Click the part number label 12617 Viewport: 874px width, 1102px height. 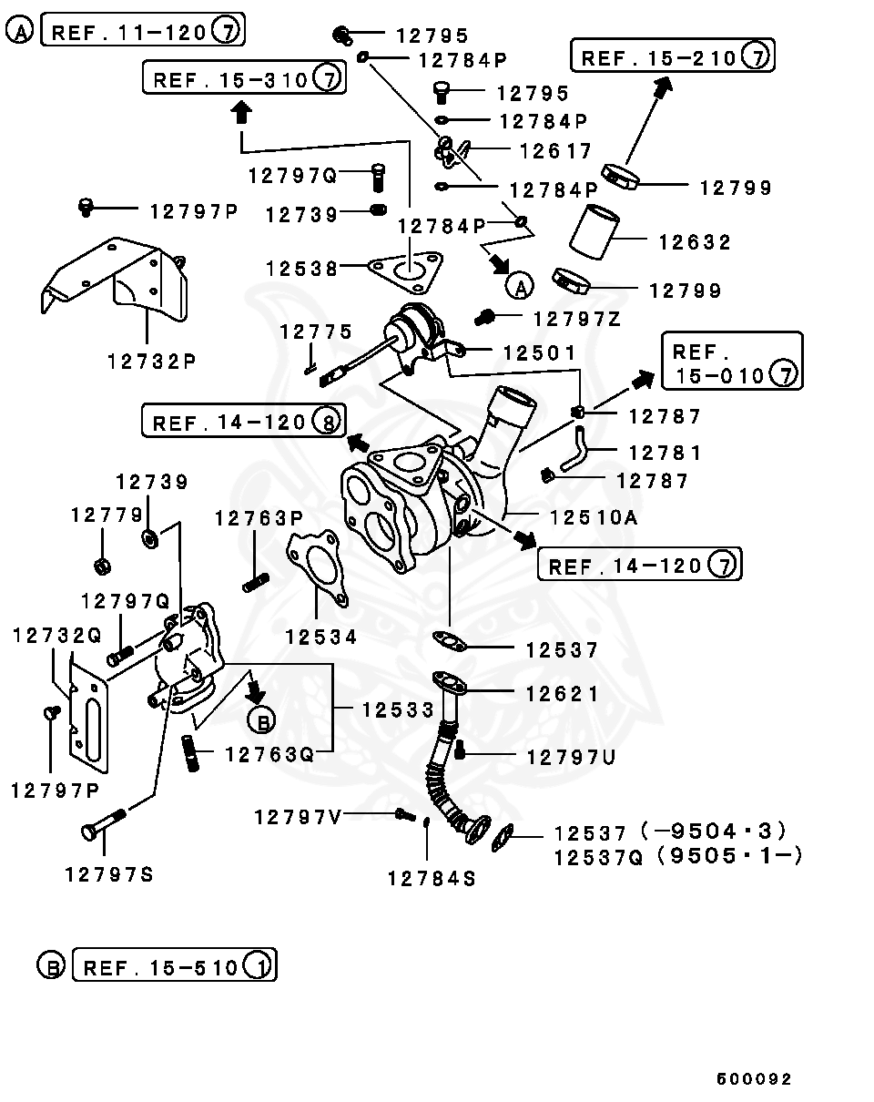(x=555, y=150)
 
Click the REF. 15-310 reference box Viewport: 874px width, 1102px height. (x=243, y=78)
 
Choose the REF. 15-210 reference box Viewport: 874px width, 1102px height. (x=672, y=57)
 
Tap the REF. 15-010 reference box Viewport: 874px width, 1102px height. (x=732, y=362)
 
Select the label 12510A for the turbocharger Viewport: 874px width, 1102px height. (x=592, y=517)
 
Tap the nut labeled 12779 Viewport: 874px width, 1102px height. (x=103, y=566)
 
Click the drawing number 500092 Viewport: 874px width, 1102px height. (x=754, y=1079)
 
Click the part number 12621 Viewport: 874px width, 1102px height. (x=562, y=694)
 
